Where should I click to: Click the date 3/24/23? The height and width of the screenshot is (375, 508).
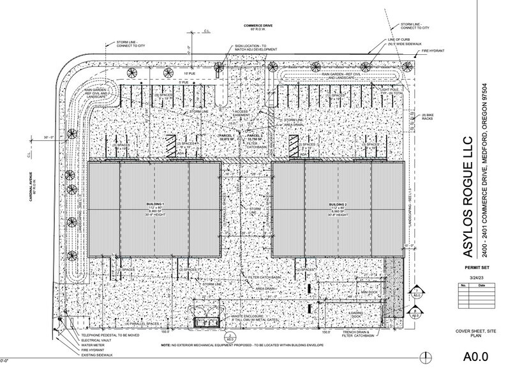click(475, 278)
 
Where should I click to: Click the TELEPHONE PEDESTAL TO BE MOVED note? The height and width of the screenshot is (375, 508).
click(108, 334)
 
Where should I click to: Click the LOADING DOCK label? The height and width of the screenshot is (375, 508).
click(357, 314)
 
